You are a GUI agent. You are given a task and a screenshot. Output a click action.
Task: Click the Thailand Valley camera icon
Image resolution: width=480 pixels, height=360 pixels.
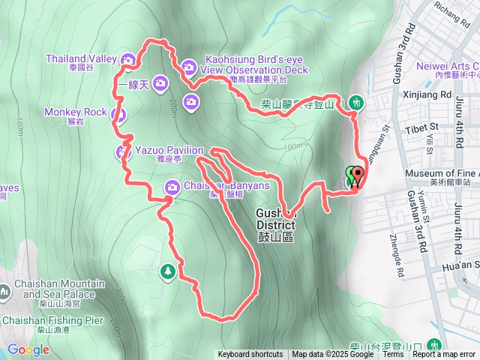click(x=127, y=59)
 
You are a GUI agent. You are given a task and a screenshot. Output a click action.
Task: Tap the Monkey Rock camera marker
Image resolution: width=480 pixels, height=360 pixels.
click(x=118, y=115)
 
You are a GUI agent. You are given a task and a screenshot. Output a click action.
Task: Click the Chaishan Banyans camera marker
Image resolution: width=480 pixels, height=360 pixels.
click(x=172, y=187)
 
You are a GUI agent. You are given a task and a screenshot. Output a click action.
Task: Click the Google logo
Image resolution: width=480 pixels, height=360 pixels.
click(x=28, y=349)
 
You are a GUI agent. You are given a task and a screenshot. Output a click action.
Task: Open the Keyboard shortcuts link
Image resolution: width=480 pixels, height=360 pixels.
click(x=250, y=355)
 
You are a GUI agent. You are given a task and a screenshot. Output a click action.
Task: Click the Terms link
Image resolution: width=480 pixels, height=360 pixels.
click(x=393, y=355)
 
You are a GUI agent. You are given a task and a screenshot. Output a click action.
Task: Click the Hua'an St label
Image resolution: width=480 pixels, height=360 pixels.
click(x=460, y=265)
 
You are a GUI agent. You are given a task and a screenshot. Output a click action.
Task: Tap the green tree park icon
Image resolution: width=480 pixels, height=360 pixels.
click(x=168, y=271)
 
